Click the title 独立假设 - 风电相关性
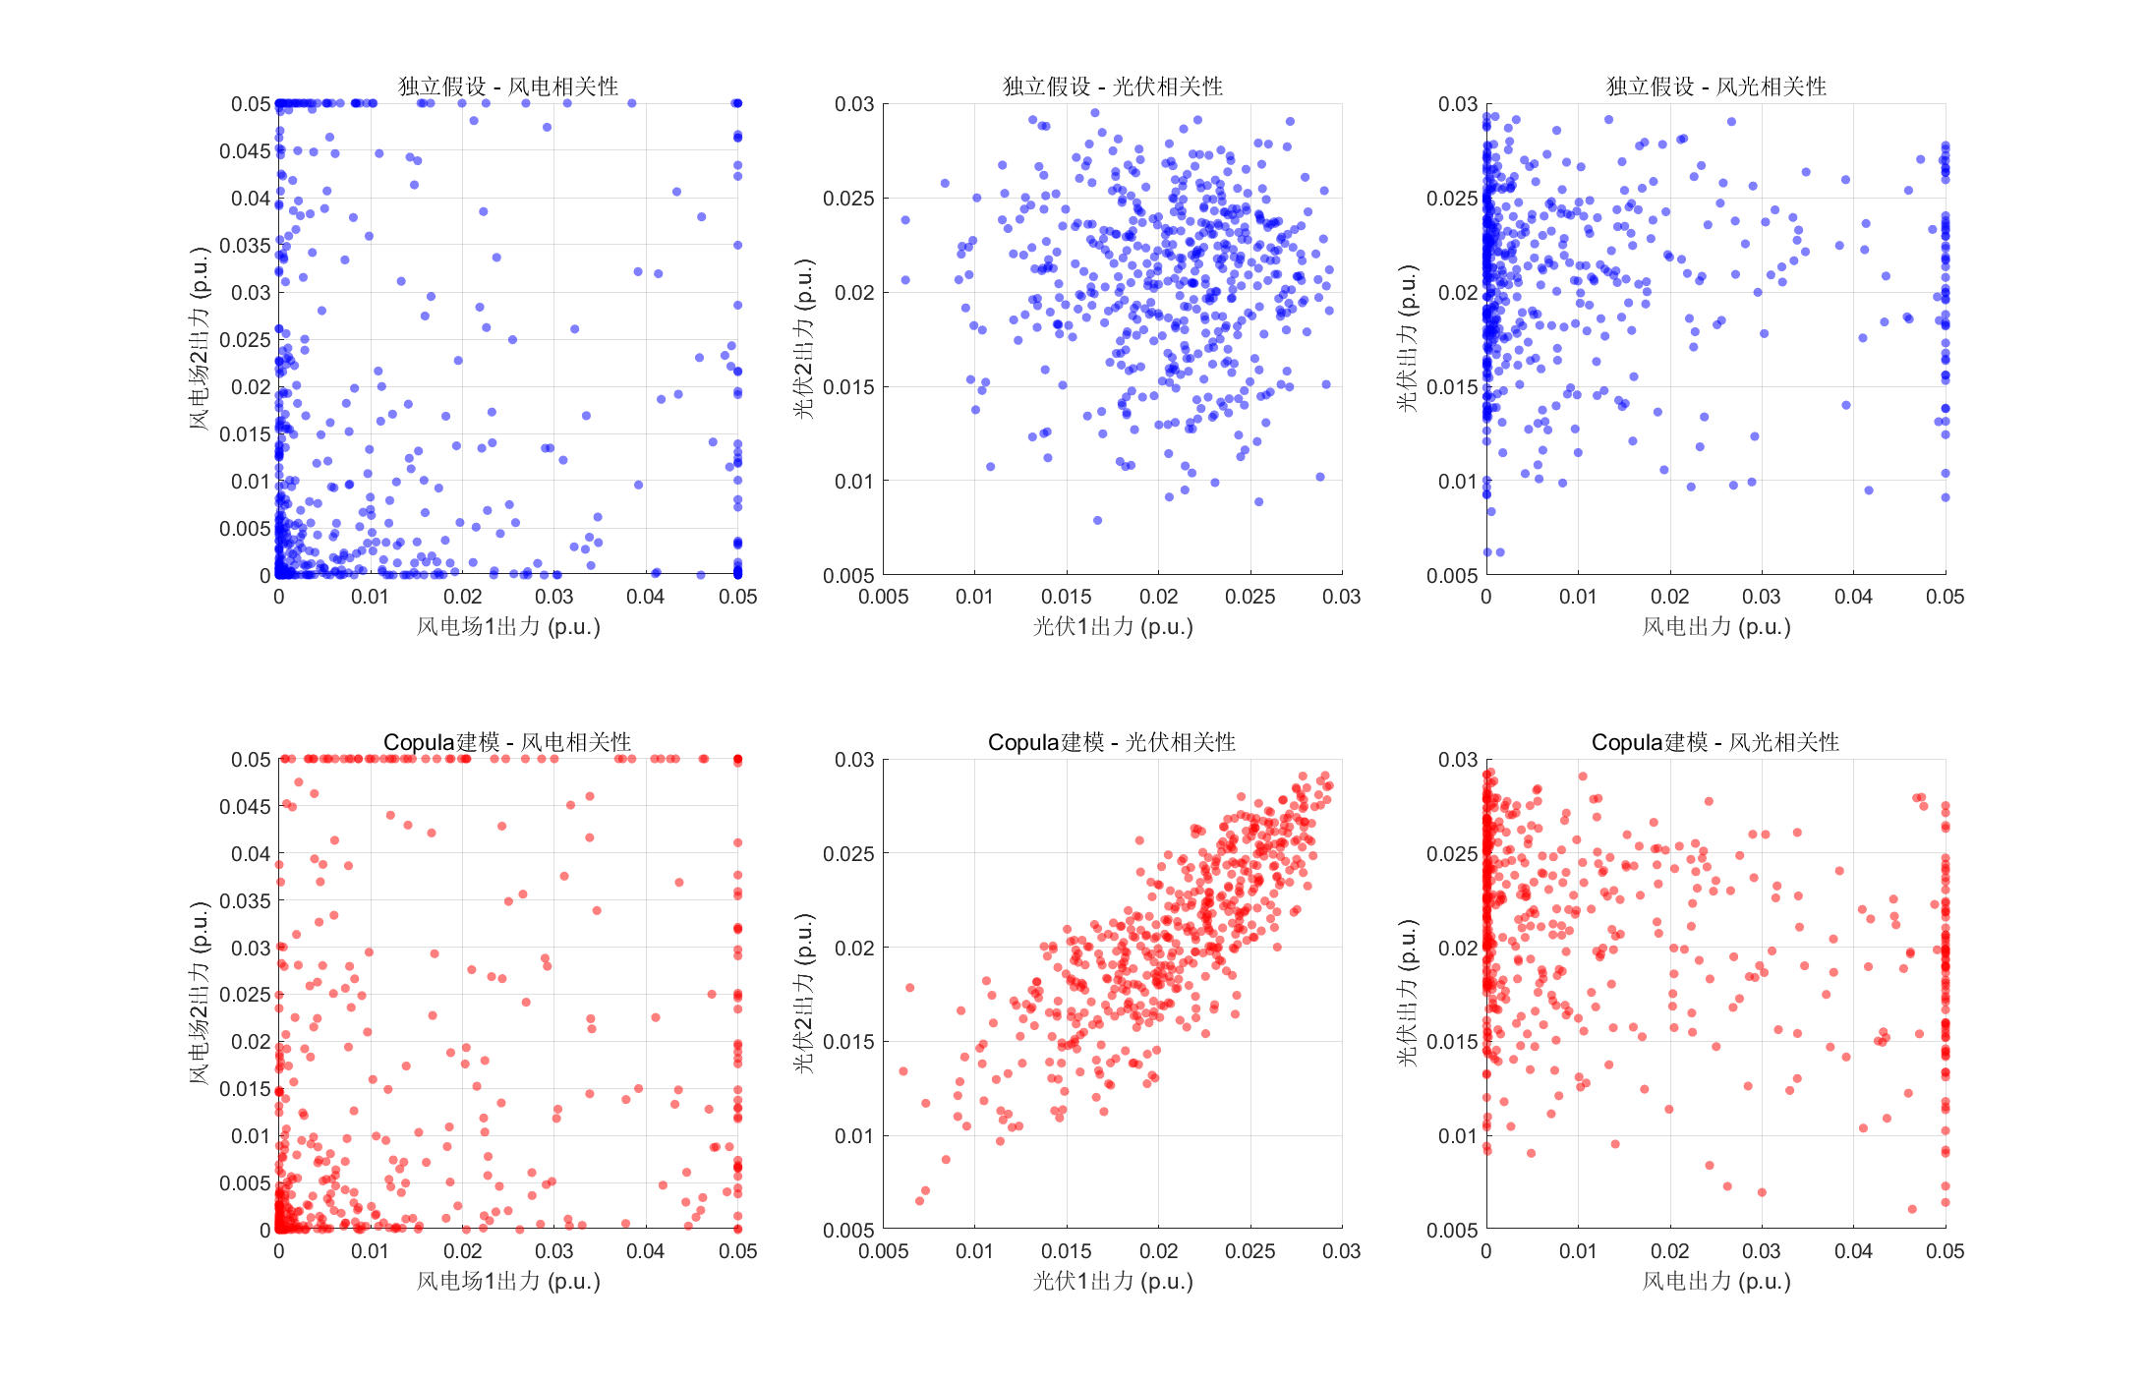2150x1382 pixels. point(507,86)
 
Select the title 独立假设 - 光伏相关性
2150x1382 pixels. point(1112,86)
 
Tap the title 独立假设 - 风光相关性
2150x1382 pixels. point(1715,86)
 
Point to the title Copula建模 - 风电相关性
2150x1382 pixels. point(507,742)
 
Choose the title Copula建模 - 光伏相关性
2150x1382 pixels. point(1112,742)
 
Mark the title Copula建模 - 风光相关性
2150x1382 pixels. point(1715,742)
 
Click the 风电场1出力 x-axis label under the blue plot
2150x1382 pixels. point(507,627)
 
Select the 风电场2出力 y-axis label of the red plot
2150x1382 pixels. point(200,994)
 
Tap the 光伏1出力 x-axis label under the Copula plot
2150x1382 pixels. point(1112,1282)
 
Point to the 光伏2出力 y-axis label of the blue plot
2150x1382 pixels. point(804,339)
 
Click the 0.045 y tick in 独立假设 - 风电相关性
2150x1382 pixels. point(245,151)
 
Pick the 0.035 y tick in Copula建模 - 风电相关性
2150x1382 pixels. point(245,901)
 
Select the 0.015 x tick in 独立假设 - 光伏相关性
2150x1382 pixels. point(1067,597)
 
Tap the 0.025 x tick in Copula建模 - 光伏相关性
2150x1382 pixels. point(1249,1251)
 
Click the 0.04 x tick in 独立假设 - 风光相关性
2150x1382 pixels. point(1853,597)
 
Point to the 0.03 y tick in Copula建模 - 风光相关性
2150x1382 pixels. point(1457,760)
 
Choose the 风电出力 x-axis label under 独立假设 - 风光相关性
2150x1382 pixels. point(1715,627)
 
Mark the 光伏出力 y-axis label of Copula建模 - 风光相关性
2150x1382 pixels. point(1408,994)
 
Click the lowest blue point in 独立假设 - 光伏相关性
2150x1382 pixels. point(1097,521)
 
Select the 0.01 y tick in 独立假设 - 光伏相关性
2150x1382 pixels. point(853,482)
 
